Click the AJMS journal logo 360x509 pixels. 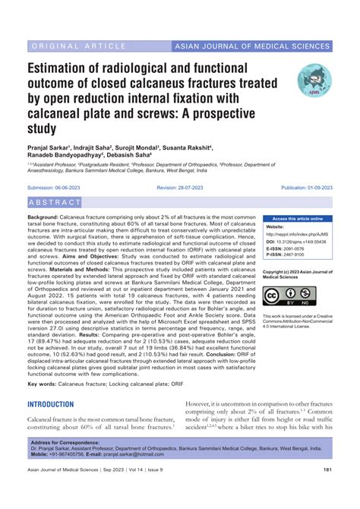coord(314,81)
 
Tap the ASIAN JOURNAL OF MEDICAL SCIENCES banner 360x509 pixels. coord(259,47)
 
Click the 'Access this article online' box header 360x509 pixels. coord(297,219)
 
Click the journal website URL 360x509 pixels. coord(295,234)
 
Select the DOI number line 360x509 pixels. coord(297,242)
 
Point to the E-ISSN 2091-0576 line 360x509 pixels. coord(287,248)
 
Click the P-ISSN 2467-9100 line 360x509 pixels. coord(287,255)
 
